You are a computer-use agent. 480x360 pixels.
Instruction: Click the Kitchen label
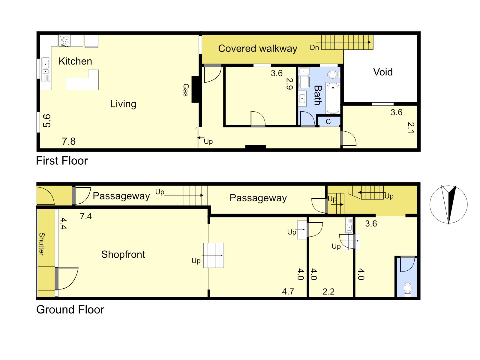pos(75,61)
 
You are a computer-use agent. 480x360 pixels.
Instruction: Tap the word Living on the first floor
pos(123,104)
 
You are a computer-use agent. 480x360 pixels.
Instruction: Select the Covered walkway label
pos(258,49)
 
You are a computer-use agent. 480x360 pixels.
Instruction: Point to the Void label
pos(383,72)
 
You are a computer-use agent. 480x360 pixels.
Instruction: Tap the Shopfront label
pos(123,254)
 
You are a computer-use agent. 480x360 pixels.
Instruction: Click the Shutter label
pos(42,244)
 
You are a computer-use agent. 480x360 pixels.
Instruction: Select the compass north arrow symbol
pos(448,204)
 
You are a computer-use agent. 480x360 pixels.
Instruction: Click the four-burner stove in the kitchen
pos(64,40)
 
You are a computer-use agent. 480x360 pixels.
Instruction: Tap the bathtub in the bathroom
pos(333,98)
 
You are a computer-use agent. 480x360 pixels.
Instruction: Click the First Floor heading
pos(62,161)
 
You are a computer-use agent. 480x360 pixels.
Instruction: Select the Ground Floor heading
pos(70,310)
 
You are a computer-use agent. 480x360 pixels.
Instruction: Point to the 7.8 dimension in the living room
pos(69,141)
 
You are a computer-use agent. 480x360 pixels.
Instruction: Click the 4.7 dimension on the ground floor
pos(288,292)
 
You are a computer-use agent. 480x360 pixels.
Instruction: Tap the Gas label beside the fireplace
pos(186,90)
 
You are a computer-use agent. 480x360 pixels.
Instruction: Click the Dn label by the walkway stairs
pos(314,47)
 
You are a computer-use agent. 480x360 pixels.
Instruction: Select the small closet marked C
pos(329,121)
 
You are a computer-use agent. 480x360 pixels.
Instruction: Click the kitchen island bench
pos(82,80)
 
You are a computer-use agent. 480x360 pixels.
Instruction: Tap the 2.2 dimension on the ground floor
pos(328,292)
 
